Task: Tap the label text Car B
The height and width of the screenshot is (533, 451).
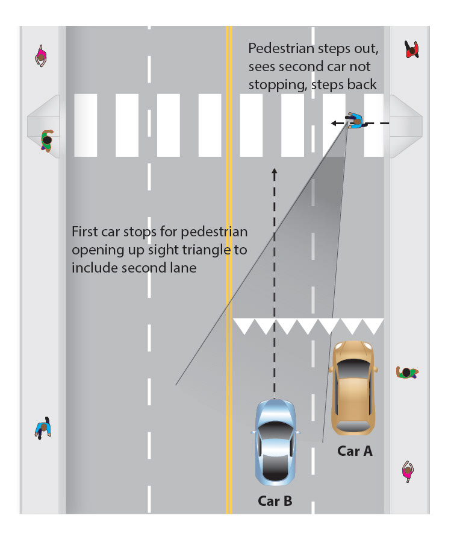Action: pos(275,500)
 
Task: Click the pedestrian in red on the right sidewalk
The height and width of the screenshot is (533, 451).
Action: pos(412,50)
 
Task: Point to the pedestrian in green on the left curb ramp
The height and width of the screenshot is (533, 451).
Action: pos(46,140)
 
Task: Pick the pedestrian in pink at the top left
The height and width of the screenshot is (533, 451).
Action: pos(41,56)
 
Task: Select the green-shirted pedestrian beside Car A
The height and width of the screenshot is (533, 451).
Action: pos(407,372)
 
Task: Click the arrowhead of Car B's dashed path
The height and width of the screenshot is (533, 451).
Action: pos(275,171)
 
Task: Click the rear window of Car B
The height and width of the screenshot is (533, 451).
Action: pos(275,467)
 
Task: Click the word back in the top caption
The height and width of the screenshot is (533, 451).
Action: pos(362,84)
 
